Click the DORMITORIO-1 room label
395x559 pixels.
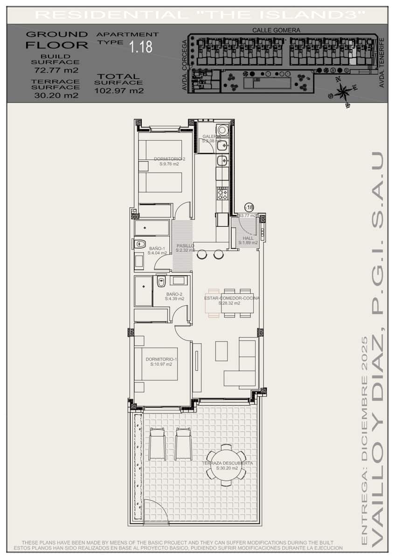click(x=161, y=359)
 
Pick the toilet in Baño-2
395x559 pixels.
click(x=161, y=281)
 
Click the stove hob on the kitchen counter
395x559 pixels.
click(x=222, y=192)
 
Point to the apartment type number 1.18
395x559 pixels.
click(x=141, y=47)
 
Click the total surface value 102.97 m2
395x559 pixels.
click(x=119, y=91)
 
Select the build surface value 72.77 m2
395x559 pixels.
click(x=56, y=70)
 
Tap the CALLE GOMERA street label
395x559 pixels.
click(x=276, y=30)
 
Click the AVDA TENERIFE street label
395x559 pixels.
click(x=382, y=62)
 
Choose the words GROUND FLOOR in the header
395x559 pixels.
click(x=56, y=40)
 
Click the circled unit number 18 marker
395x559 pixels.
click(x=249, y=207)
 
